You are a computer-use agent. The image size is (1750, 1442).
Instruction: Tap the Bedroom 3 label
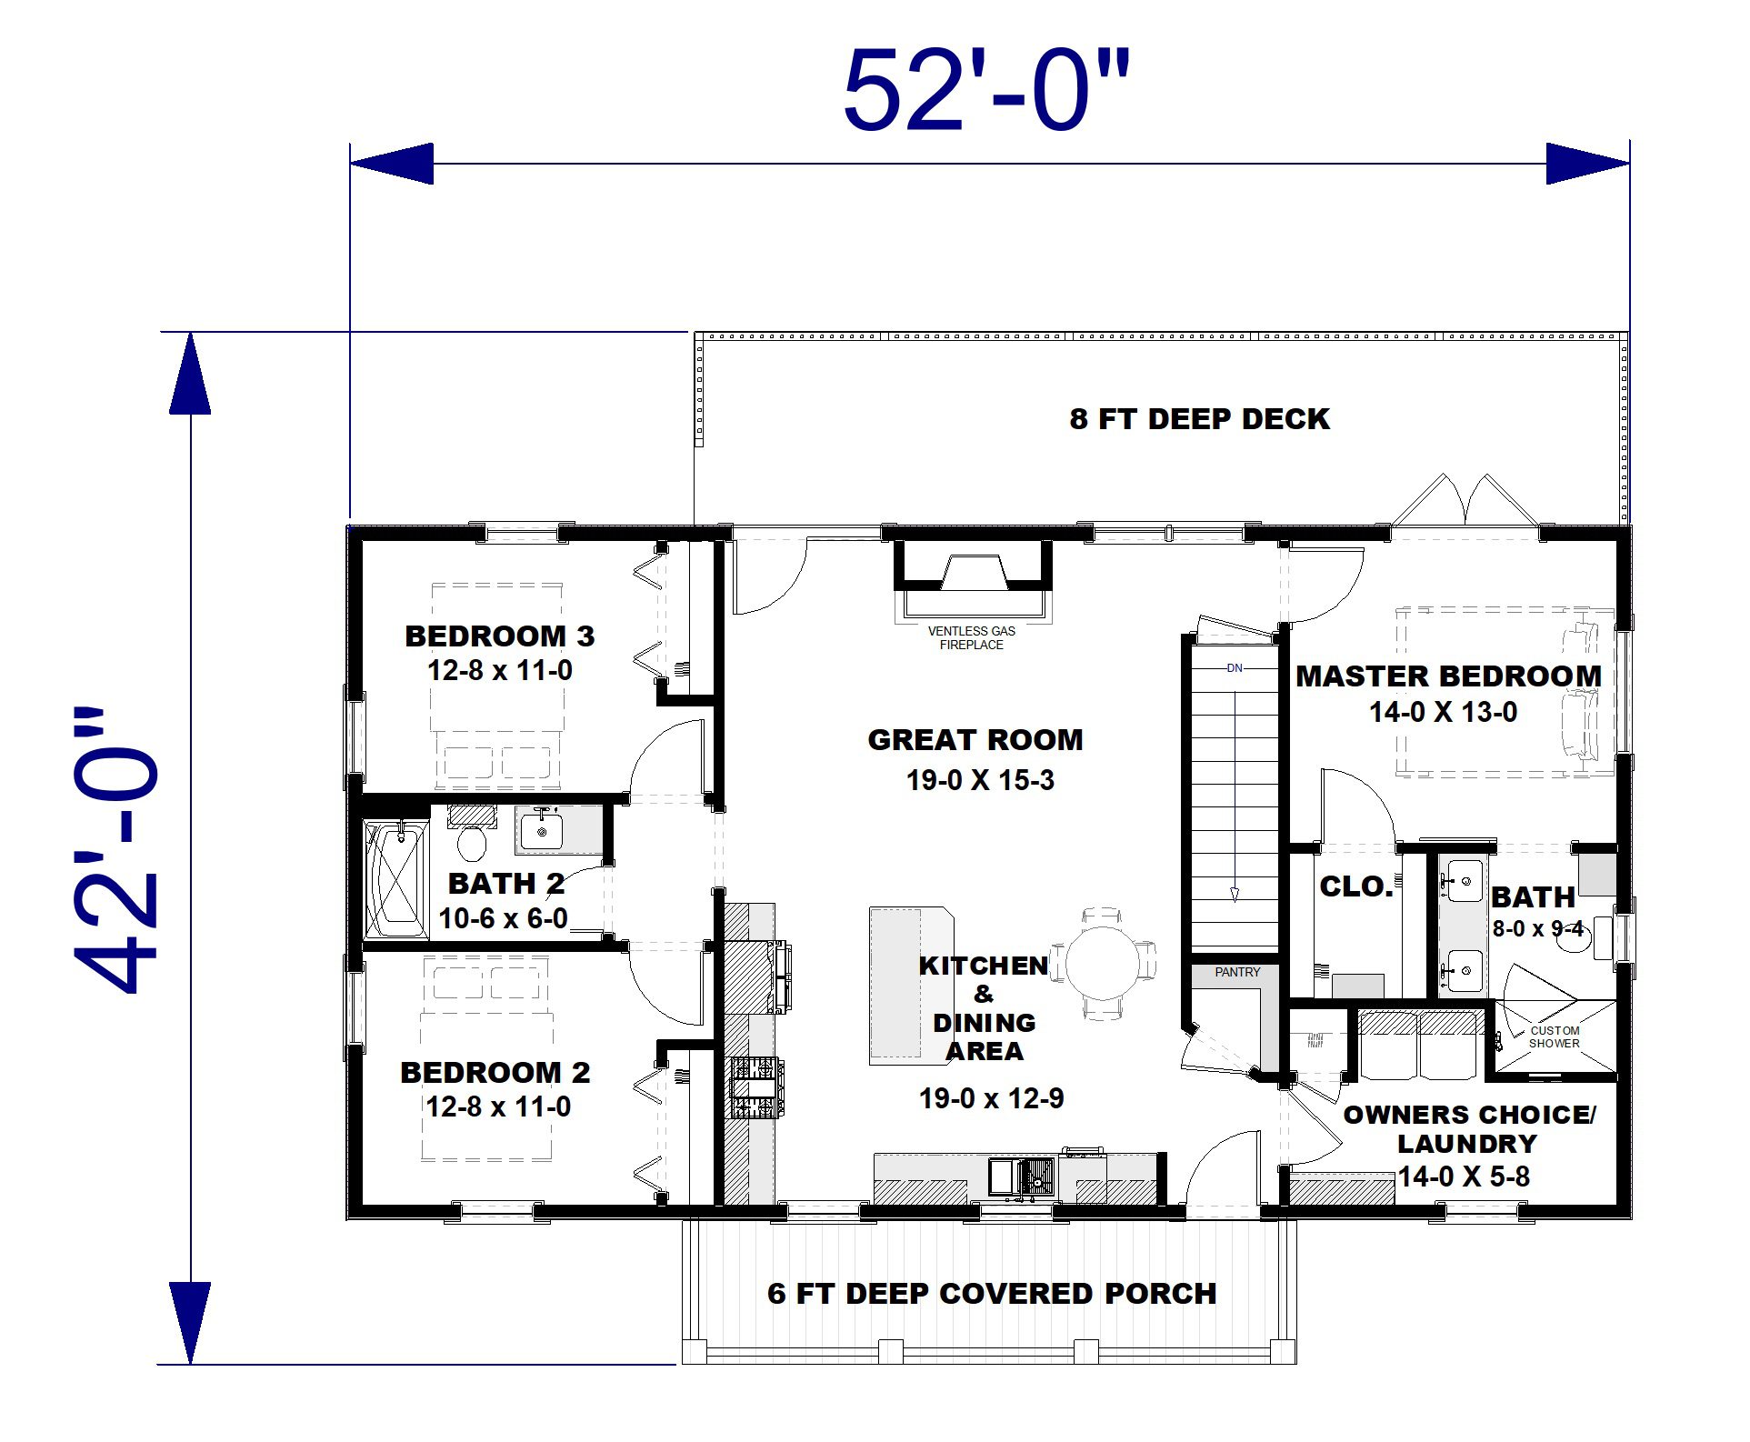point(500,636)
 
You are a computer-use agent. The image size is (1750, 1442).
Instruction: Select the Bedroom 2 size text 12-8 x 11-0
point(499,1107)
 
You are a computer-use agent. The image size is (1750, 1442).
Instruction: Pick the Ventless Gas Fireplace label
point(972,637)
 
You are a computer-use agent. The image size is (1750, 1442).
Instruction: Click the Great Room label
point(975,739)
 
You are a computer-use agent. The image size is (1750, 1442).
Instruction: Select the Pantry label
point(1237,972)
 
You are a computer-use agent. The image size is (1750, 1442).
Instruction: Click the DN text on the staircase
point(1235,668)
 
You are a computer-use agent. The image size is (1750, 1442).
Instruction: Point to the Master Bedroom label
point(1448,676)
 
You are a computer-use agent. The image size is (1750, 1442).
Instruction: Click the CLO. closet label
point(1356,886)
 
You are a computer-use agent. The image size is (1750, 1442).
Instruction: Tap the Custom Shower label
point(1555,1036)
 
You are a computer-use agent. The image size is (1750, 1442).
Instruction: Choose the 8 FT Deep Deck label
point(1199,419)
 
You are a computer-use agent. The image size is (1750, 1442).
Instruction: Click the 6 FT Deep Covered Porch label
point(992,1293)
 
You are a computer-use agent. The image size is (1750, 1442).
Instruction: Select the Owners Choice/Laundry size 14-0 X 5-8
point(1464,1177)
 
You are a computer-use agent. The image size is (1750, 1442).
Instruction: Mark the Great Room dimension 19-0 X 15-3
point(980,780)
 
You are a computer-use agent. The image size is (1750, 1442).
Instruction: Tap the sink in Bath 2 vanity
point(541,830)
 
